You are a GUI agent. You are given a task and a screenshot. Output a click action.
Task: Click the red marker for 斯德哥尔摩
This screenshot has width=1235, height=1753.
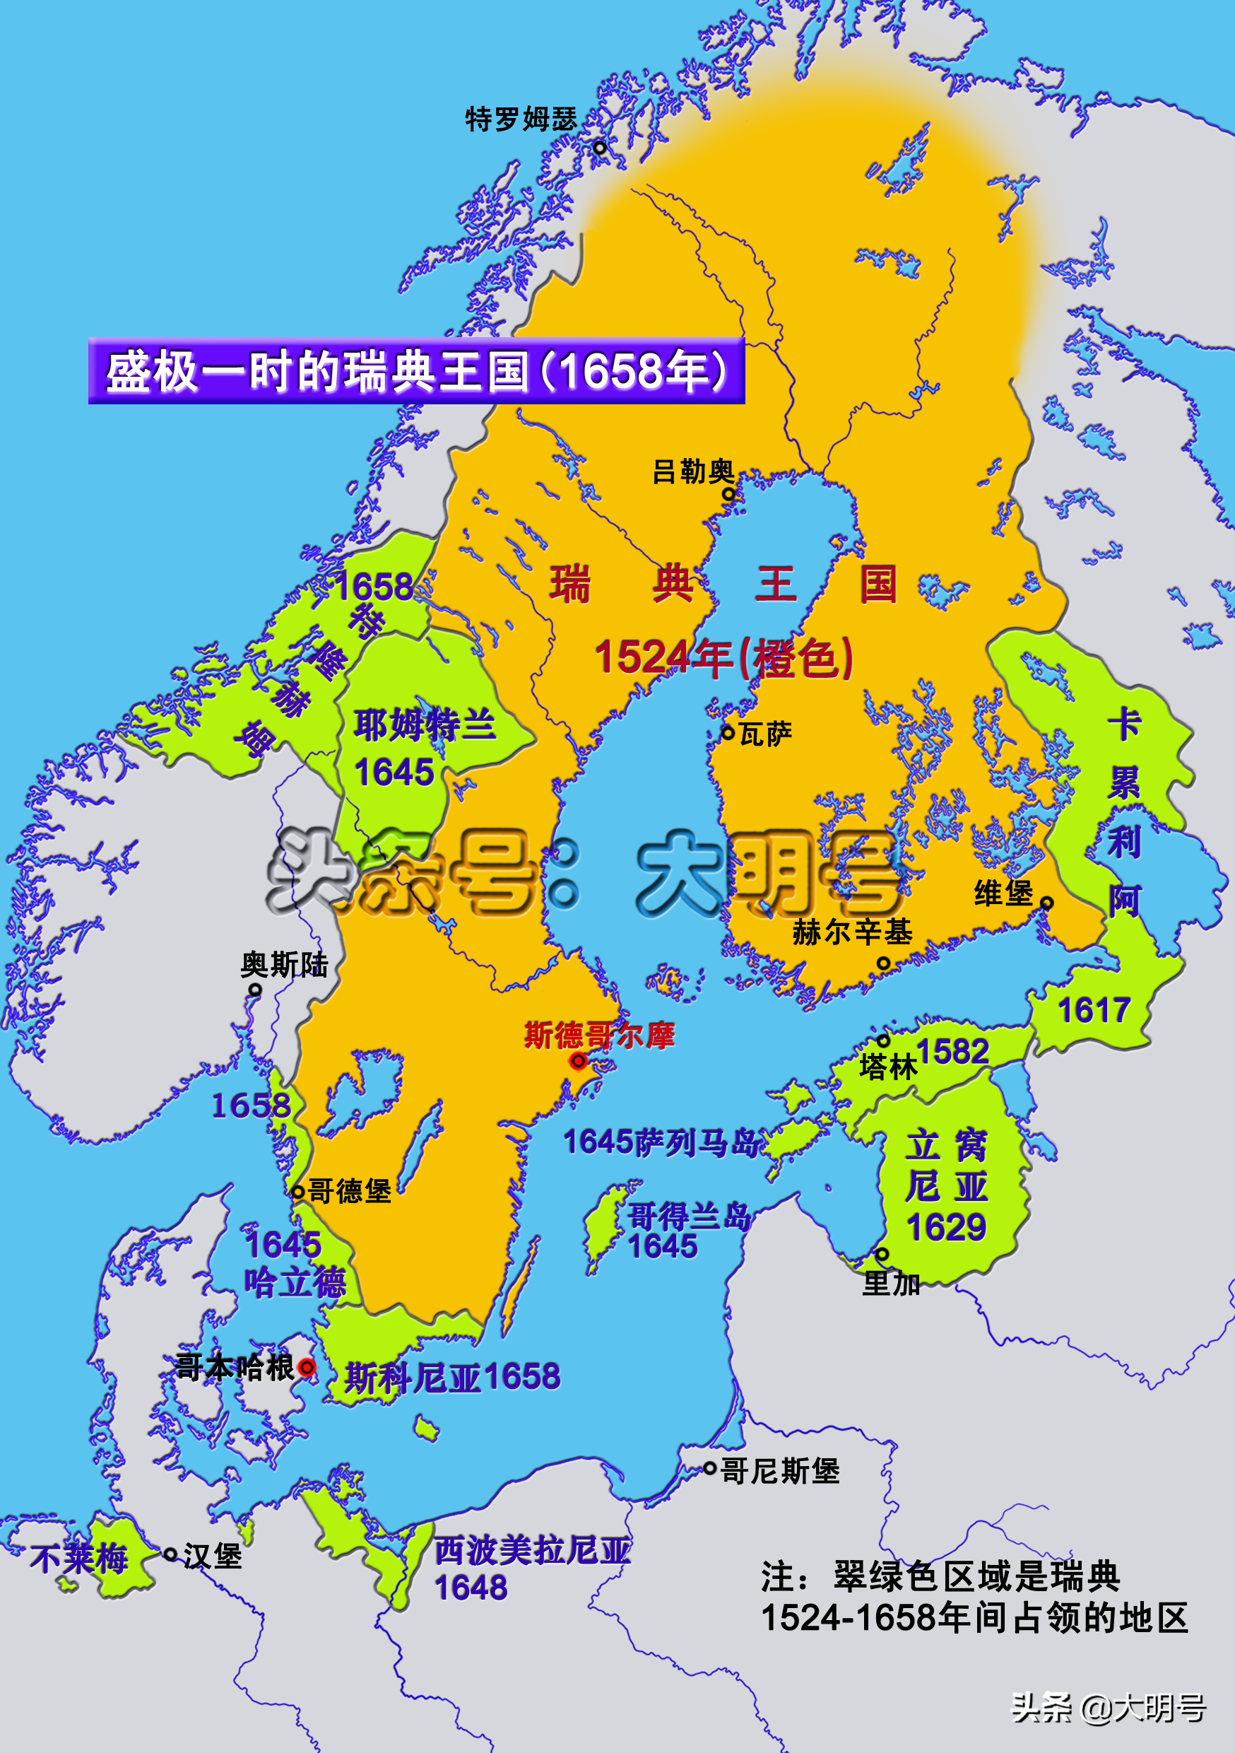tap(579, 1060)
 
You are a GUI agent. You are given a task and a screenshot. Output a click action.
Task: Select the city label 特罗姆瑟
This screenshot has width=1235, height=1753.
tap(521, 119)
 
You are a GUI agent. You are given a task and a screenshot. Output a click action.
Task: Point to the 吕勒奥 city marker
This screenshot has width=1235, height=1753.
tap(728, 494)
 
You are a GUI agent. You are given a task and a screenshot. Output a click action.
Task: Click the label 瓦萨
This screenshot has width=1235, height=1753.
tap(766, 734)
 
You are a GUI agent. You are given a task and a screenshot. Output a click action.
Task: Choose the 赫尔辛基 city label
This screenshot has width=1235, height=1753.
tap(852, 932)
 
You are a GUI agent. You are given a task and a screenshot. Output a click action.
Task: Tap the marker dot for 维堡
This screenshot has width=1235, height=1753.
tap(1047, 903)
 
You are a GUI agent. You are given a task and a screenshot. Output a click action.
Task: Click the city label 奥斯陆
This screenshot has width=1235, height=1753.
tap(284, 965)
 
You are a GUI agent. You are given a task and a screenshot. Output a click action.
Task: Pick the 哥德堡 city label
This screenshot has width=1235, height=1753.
tap(350, 1191)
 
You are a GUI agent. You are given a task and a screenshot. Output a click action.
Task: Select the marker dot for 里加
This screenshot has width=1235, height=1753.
tap(882, 1254)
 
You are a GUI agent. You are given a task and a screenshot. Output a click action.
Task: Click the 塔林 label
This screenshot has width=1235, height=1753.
tap(887, 1067)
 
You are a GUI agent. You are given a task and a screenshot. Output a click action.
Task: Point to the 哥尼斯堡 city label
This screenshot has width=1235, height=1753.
tap(779, 1470)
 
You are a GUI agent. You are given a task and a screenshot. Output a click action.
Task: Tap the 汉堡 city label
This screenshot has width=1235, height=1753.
tap(212, 1556)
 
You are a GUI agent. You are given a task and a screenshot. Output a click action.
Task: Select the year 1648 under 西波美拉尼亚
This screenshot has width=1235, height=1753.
tap(471, 1588)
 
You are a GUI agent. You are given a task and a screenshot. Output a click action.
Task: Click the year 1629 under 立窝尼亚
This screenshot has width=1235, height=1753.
tap(947, 1228)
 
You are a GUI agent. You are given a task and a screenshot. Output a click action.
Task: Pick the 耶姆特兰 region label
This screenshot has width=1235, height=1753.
tap(425, 724)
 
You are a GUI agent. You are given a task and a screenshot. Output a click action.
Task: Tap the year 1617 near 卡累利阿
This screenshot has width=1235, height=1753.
tap(1093, 1010)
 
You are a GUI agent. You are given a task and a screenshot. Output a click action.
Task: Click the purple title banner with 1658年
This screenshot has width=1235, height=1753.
tap(417, 371)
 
